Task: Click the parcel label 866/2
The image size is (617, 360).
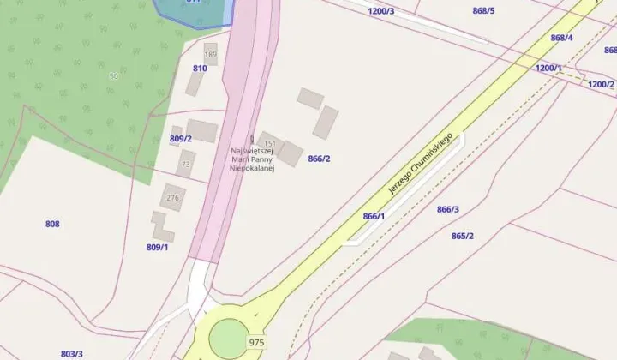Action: [319, 159]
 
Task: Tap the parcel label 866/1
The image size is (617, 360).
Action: [374, 216]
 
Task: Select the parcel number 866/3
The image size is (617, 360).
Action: [448, 209]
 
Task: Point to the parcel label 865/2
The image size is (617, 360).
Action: [462, 236]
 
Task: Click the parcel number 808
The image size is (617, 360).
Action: [52, 224]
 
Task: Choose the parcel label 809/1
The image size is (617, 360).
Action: [157, 247]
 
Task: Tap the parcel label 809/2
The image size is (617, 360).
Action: [180, 138]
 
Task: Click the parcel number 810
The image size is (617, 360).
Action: [200, 68]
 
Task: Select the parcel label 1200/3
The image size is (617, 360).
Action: [380, 11]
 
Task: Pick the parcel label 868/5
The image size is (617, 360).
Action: [484, 11]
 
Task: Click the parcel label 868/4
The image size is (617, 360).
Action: [561, 38]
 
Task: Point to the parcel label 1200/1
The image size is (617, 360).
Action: [548, 68]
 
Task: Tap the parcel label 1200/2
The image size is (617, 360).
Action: [601, 84]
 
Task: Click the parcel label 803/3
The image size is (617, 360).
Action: [71, 353]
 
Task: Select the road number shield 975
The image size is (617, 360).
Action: [256, 342]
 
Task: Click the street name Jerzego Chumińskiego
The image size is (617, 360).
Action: [420, 164]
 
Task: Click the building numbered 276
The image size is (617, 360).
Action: [173, 198]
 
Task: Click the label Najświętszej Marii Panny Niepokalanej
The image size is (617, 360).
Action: [250, 159]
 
